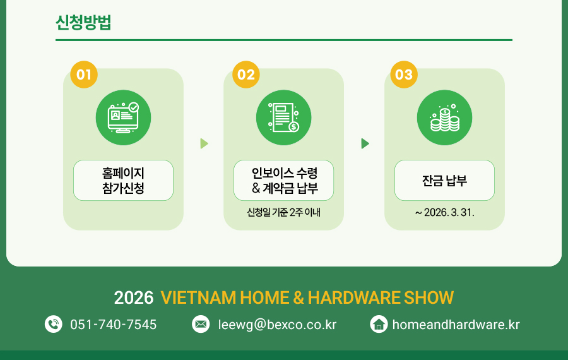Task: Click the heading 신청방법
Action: coord(83,23)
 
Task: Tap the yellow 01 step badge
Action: coord(84,75)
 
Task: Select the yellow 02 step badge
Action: coord(246,75)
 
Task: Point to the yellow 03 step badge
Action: coord(404,75)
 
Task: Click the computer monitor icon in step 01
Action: coord(123,117)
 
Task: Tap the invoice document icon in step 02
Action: coord(283,117)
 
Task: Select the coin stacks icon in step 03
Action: coord(444,118)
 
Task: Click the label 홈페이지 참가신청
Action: coord(123,180)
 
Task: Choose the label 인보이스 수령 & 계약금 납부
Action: coord(285,180)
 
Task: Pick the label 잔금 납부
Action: coord(444,181)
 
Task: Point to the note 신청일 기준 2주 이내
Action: coord(283,212)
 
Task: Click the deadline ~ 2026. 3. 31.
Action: coord(444,212)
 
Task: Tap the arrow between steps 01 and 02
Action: coord(204,143)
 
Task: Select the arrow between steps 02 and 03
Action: coord(365,143)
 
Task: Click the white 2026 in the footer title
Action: coord(134,297)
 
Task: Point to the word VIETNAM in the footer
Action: coord(199,297)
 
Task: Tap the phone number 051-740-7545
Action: coord(114,325)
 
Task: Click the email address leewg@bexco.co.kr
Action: coord(277,325)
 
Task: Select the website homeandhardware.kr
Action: coord(456,325)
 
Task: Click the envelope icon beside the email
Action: coord(201,324)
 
